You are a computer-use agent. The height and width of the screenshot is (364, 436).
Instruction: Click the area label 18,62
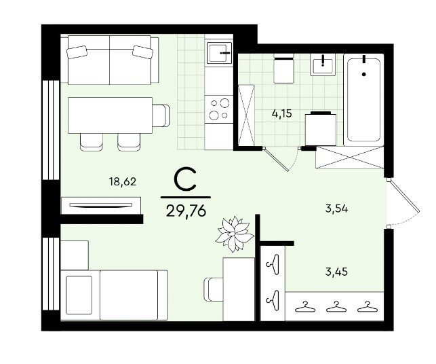(123, 182)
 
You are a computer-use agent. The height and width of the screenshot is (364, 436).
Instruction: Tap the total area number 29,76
(186, 211)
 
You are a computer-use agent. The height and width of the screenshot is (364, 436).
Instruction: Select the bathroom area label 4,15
(282, 113)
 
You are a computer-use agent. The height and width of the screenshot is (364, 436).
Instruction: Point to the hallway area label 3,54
(336, 208)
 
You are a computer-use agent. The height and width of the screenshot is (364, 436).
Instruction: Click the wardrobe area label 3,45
(336, 272)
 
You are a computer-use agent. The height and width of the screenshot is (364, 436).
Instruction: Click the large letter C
(186, 180)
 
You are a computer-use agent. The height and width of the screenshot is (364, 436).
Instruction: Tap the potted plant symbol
(235, 234)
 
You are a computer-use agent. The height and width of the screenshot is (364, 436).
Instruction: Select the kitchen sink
(219, 53)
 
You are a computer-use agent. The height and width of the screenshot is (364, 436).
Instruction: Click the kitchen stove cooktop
(219, 109)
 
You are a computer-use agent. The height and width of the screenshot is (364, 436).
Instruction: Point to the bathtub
(363, 100)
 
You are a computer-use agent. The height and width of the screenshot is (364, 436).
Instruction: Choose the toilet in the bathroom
(283, 69)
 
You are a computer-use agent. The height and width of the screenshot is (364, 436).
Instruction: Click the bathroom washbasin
(323, 65)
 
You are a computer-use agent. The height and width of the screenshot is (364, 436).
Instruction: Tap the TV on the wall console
(101, 205)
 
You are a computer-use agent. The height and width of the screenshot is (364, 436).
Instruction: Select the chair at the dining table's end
(161, 115)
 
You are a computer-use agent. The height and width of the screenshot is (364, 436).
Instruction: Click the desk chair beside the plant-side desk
(214, 289)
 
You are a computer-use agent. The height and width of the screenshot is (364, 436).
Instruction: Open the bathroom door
(276, 159)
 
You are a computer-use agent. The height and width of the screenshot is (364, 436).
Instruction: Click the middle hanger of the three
(336, 307)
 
